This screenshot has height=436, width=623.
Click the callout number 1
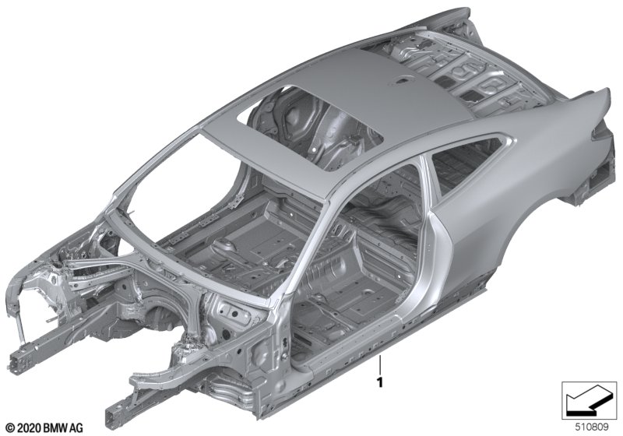click(x=380, y=382)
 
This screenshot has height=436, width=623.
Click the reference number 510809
click(x=592, y=427)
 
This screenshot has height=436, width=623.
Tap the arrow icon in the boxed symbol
click(x=586, y=400)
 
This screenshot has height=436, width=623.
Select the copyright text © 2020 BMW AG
click(x=45, y=428)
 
